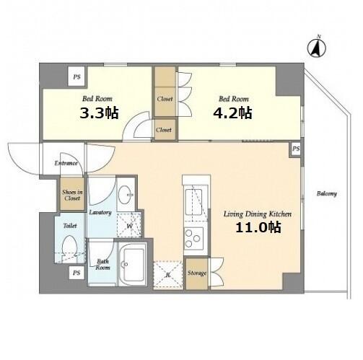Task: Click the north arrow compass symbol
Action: (x=317, y=48)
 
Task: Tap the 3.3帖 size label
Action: (x=99, y=113)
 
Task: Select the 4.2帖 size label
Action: (x=232, y=113)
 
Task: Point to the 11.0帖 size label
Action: (x=258, y=227)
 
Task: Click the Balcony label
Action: (x=326, y=193)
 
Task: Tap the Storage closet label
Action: (x=197, y=273)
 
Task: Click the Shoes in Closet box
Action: (x=72, y=195)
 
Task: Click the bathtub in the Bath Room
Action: (x=132, y=264)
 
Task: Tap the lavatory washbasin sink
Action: (x=126, y=195)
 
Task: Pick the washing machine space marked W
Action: (x=129, y=225)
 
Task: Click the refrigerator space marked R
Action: (x=168, y=274)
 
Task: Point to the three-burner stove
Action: (x=194, y=238)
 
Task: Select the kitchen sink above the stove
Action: (x=194, y=202)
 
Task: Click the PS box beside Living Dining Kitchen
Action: (x=296, y=149)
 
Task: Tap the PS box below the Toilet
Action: (x=76, y=273)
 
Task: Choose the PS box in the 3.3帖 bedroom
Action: (x=77, y=76)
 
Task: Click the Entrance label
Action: (x=66, y=163)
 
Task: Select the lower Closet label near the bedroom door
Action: (x=164, y=130)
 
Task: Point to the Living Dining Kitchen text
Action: (x=258, y=214)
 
